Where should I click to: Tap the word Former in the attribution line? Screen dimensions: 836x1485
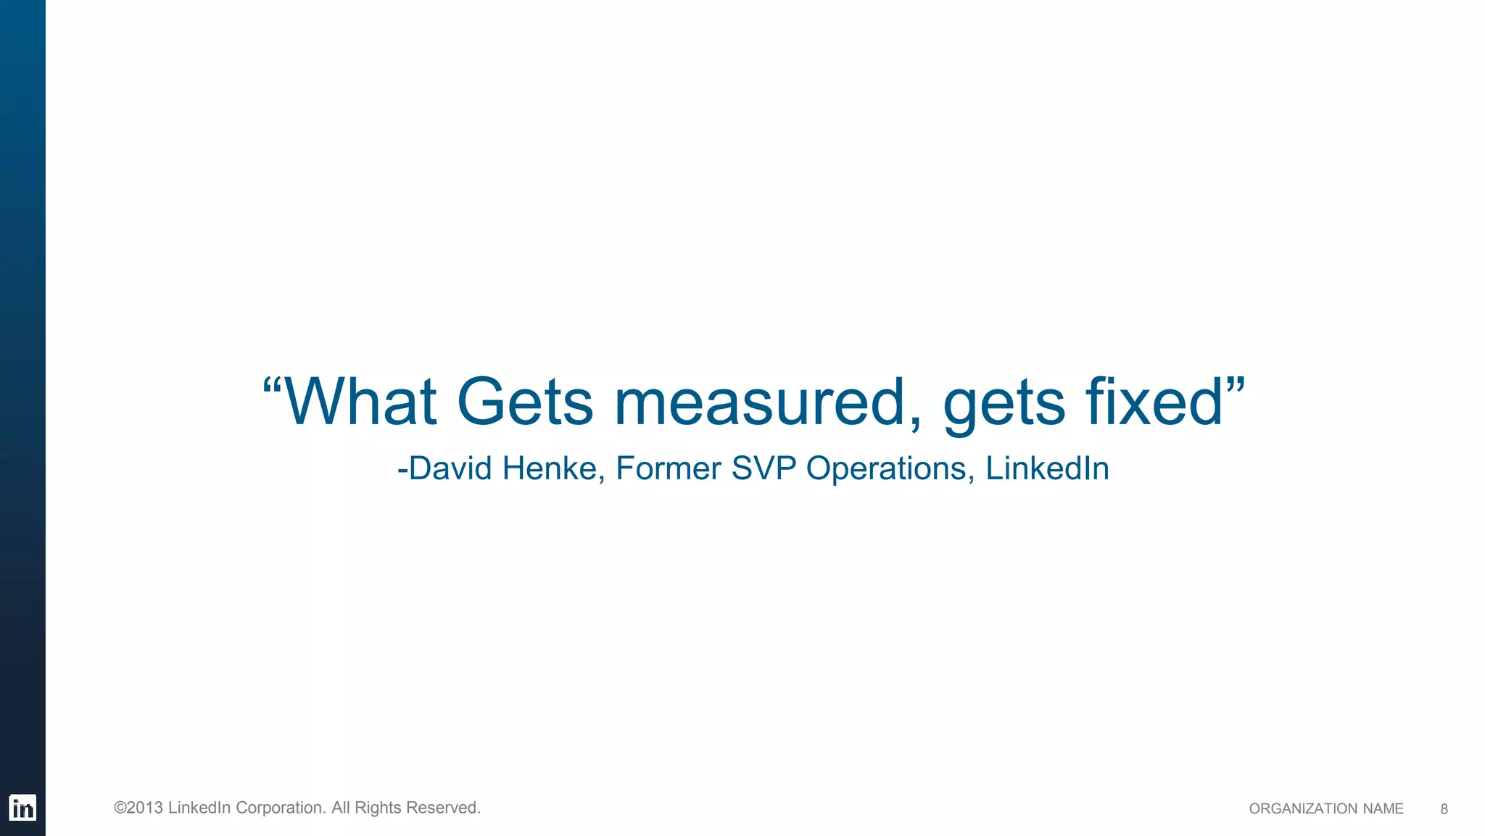coord(669,468)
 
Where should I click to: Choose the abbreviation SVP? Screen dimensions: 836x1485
coord(764,468)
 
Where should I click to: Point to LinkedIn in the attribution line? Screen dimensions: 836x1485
coord(1047,468)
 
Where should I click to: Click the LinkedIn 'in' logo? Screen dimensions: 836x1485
coord(22,808)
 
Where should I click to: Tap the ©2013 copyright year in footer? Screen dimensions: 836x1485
coord(138,808)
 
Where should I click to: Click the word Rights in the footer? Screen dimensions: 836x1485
coord(377,808)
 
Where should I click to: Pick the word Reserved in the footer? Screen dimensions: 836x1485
coord(443,808)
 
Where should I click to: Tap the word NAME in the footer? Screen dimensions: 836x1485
coord(1383,809)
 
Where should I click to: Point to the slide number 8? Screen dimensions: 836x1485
coord(1444,809)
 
